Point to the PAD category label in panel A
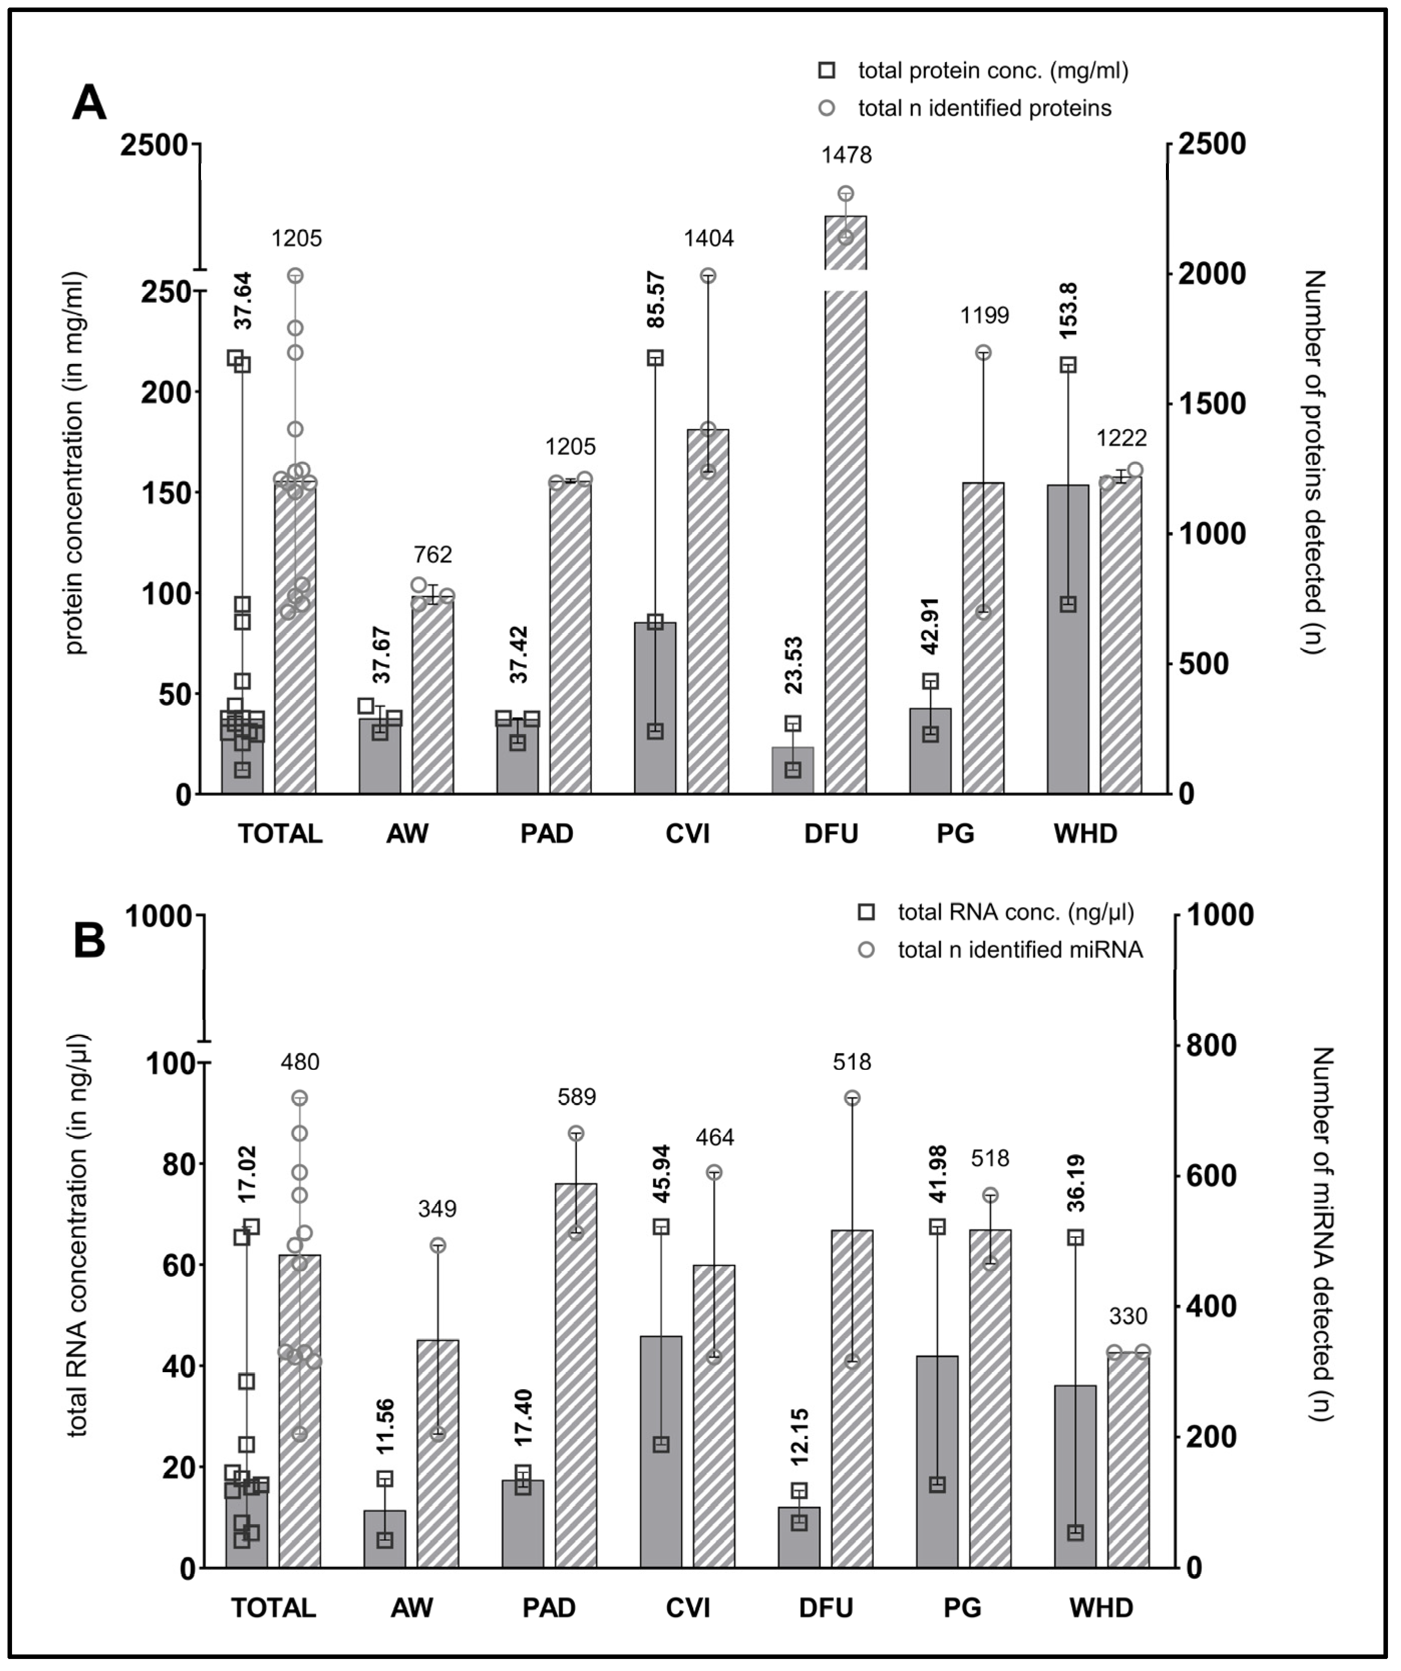(x=546, y=834)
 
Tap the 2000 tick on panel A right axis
(x=1206, y=274)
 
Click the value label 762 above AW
(x=432, y=554)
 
